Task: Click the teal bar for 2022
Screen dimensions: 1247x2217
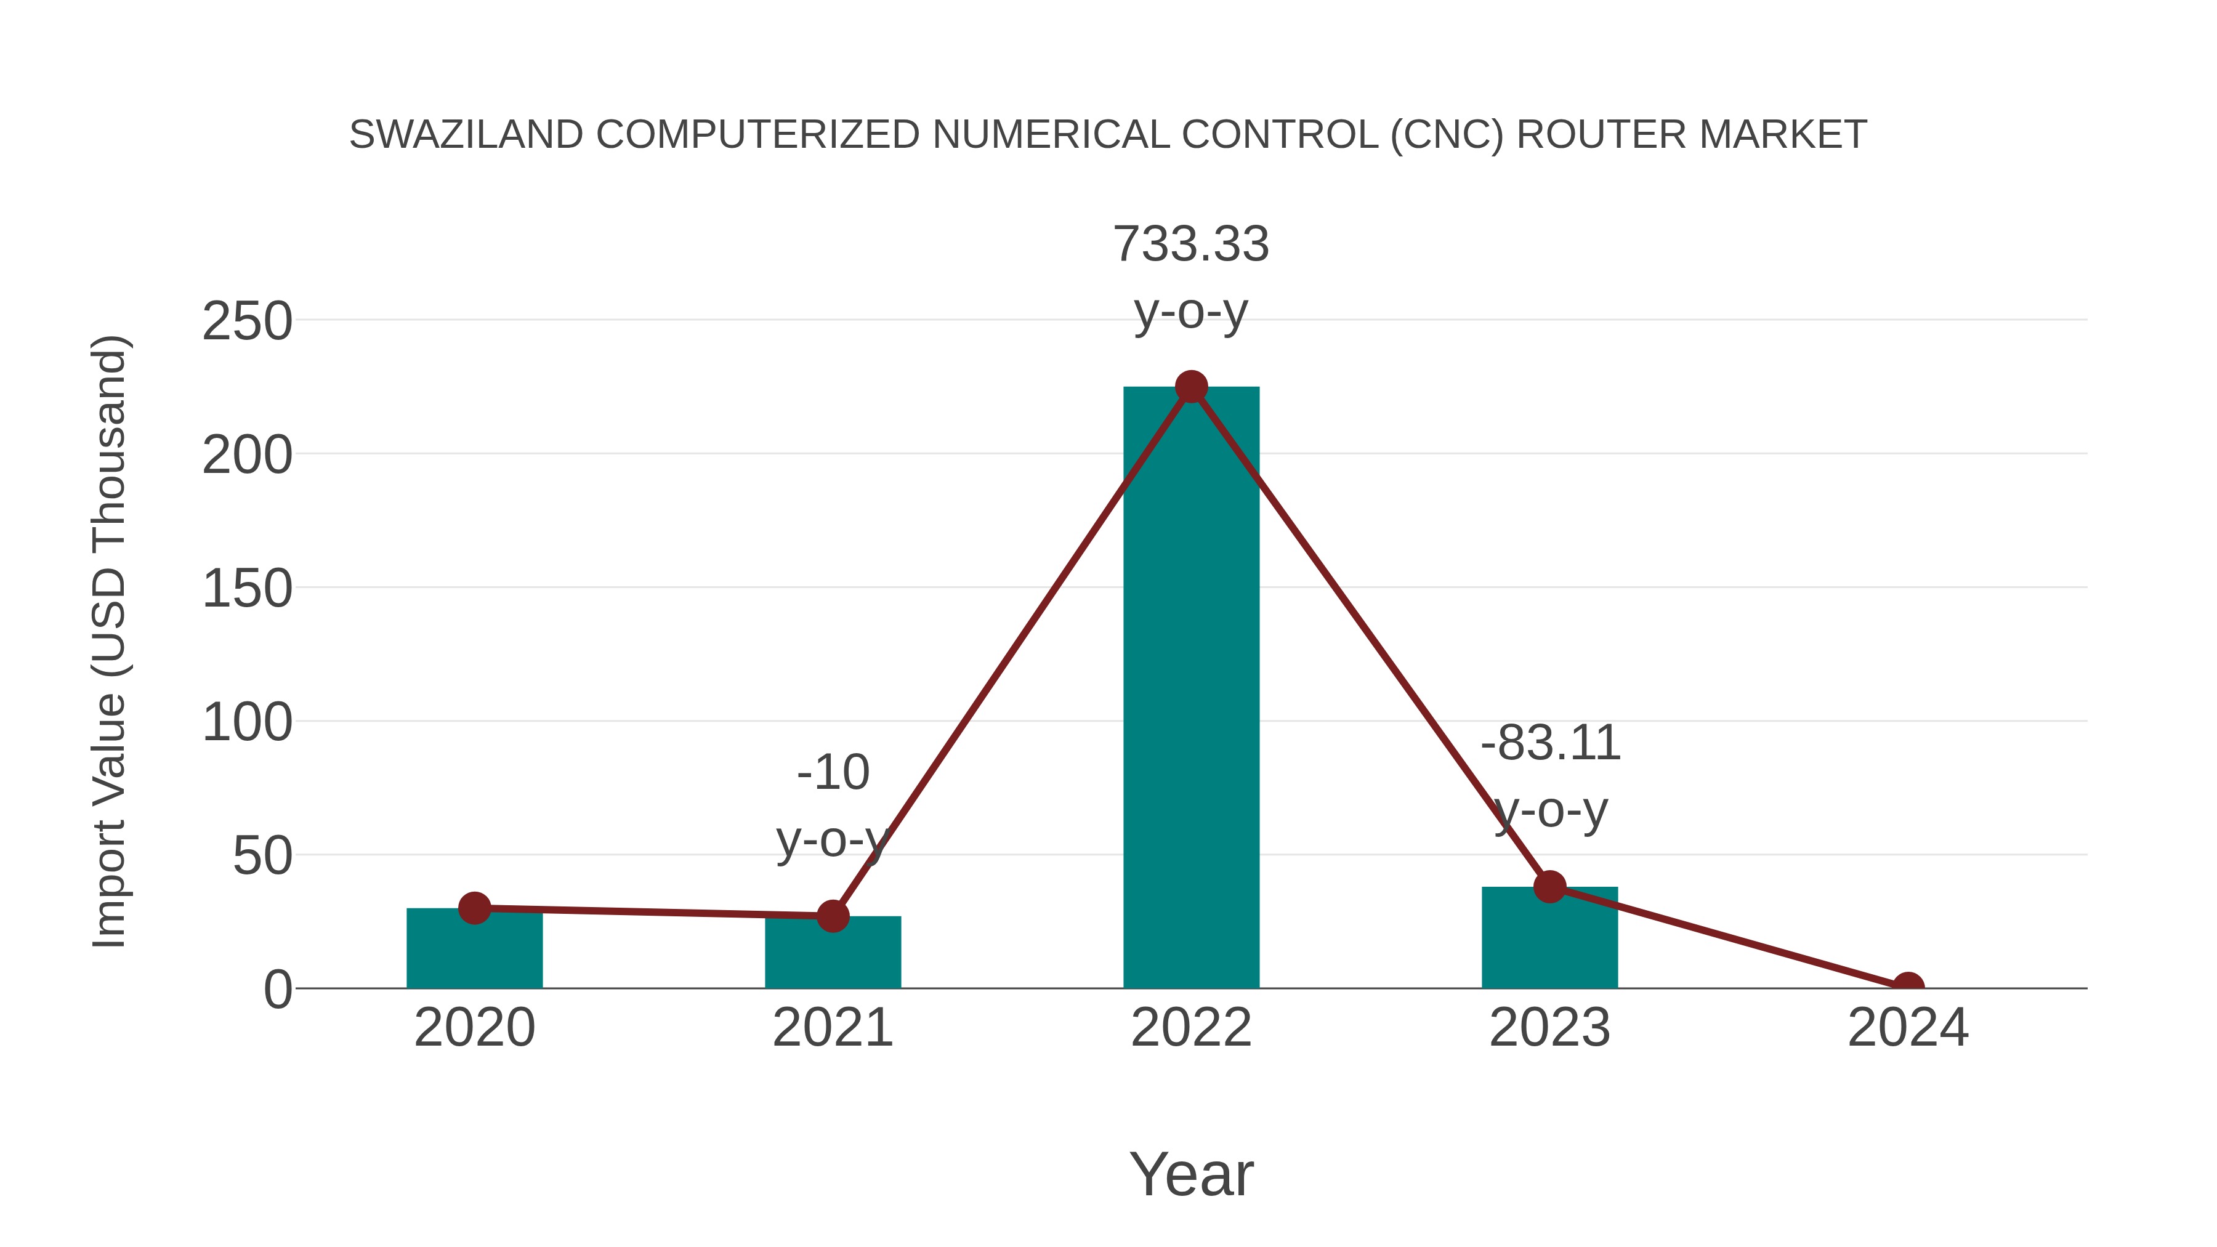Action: point(1191,688)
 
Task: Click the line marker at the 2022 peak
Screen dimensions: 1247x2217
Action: point(1191,387)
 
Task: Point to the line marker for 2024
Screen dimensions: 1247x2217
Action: point(1908,987)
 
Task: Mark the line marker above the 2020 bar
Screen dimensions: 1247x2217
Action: point(474,908)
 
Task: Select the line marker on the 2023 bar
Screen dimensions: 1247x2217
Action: point(1549,886)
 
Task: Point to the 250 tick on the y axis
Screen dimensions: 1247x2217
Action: point(247,322)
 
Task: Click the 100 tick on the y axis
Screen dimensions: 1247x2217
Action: point(247,723)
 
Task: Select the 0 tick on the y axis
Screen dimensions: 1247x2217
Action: point(277,990)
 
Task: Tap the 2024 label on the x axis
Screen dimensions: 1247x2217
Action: point(1908,1028)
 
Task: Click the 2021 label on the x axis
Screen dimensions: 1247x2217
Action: point(832,1028)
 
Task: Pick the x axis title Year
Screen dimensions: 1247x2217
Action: point(1191,1175)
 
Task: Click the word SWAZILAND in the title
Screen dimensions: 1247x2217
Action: point(466,135)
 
